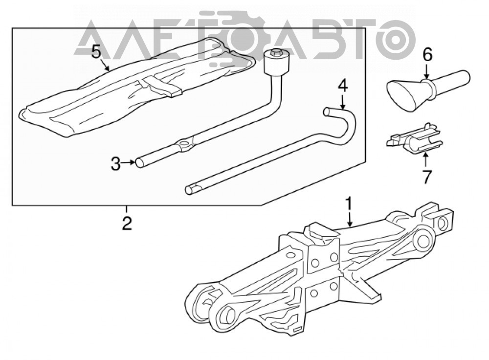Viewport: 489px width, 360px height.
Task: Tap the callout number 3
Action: pyautogui.click(x=115, y=164)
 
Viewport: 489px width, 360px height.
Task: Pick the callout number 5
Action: pyautogui.click(x=96, y=52)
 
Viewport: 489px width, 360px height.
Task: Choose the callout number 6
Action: pyautogui.click(x=427, y=55)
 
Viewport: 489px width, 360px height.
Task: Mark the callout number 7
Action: pyautogui.click(x=426, y=177)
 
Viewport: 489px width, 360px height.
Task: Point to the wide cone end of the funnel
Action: pyautogui.click(x=404, y=96)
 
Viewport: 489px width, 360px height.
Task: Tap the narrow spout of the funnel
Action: pyautogui.click(x=449, y=80)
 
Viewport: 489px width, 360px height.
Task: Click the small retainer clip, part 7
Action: pyautogui.click(x=415, y=139)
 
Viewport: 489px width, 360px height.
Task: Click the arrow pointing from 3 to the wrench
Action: pyautogui.click(x=128, y=162)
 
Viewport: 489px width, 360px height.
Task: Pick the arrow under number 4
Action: pyautogui.click(x=342, y=102)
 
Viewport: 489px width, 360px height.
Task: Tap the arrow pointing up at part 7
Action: pyautogui.click(x=425, y=160)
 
